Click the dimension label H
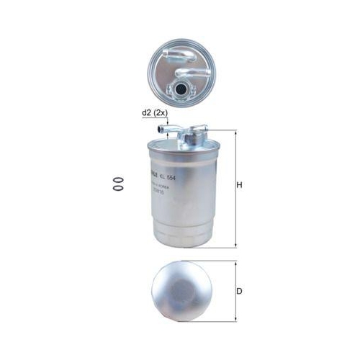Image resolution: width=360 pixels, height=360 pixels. click(x=240, y=186)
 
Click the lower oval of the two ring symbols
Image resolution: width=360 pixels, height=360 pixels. click(x=112, y=189)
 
